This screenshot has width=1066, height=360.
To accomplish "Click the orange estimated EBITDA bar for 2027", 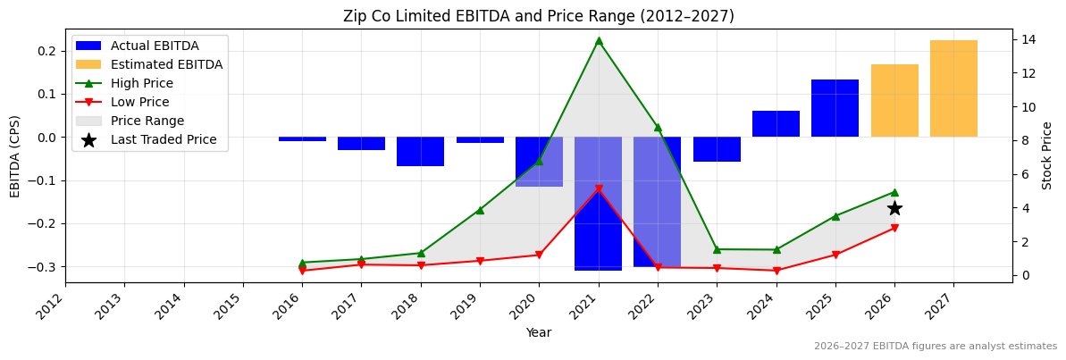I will click(x=953, y=88).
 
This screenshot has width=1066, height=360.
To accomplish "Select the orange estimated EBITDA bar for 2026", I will click(x=894, y=100).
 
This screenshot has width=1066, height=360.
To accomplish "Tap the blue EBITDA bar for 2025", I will click(x=835, y=108).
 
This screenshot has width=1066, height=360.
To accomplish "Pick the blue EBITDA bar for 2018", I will click(x=420, y=152).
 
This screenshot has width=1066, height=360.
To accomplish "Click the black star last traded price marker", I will click(x=894, y=208).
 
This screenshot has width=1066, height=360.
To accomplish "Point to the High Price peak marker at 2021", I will click(x=599, y=40).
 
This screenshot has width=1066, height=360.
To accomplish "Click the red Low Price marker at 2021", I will click(x=599, y=189).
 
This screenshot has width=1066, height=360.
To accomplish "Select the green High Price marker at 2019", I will click(x=480, y=210).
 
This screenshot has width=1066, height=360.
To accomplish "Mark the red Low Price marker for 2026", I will click(x=894, y=228).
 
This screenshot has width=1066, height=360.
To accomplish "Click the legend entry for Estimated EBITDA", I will click(x=166, y=64).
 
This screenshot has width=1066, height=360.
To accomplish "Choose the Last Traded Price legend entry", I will click(x=164, y=139).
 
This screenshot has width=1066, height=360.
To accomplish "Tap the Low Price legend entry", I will click(x=139, y=102).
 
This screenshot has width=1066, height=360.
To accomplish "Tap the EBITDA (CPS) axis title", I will click(x=15, y=156).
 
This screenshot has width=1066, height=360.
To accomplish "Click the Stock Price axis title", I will click(x=1047, y=155).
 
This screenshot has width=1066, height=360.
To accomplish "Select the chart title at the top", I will click(x=538, y=16).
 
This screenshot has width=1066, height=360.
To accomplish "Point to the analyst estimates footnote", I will click(x=935, y=347).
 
